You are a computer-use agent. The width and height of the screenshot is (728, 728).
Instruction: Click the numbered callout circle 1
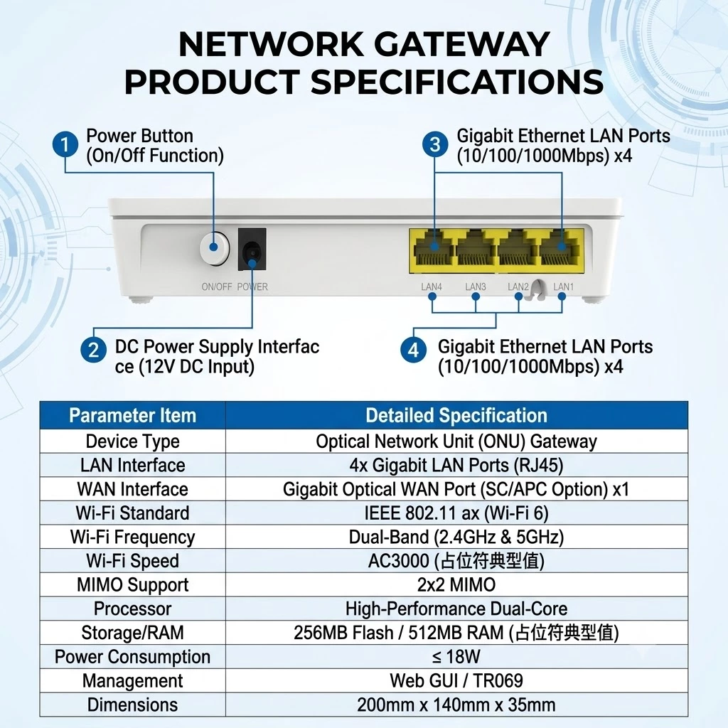point(65,144)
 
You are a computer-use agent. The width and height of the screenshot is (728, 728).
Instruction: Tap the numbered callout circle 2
point(93,350)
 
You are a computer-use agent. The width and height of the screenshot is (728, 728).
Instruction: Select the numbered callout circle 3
point(435,144)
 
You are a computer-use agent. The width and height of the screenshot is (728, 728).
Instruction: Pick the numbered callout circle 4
point(413,350)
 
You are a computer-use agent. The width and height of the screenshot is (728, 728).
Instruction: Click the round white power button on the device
point(215,248)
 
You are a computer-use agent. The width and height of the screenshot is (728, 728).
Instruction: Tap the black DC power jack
point(252,249)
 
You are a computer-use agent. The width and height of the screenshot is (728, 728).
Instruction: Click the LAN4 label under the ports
point(432,287)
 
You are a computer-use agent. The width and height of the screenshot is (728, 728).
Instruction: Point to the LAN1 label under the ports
point(564,287)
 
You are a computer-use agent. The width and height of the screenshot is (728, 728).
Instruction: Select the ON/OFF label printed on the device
point(216,287)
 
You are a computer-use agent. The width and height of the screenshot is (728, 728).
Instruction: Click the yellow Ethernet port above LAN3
point(476,250)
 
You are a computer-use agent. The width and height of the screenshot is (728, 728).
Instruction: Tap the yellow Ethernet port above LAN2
point(518,250)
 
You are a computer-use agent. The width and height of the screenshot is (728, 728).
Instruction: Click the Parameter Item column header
point(133,415)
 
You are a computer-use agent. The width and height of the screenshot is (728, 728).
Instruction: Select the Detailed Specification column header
point(456,415)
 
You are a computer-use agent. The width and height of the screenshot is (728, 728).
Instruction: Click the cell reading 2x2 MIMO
point(456,584)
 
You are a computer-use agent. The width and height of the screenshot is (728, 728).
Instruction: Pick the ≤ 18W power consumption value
point(456,656)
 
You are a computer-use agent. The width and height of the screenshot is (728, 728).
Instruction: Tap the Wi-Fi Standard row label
point(133,513)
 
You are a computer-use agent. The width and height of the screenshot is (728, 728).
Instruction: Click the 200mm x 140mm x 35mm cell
point(456,705)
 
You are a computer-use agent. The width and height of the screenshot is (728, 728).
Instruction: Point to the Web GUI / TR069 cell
point(456,680)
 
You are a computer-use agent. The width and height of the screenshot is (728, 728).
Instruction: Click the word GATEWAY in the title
point(462,44)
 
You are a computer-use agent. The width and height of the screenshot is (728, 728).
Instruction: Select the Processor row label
point(133,609)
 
